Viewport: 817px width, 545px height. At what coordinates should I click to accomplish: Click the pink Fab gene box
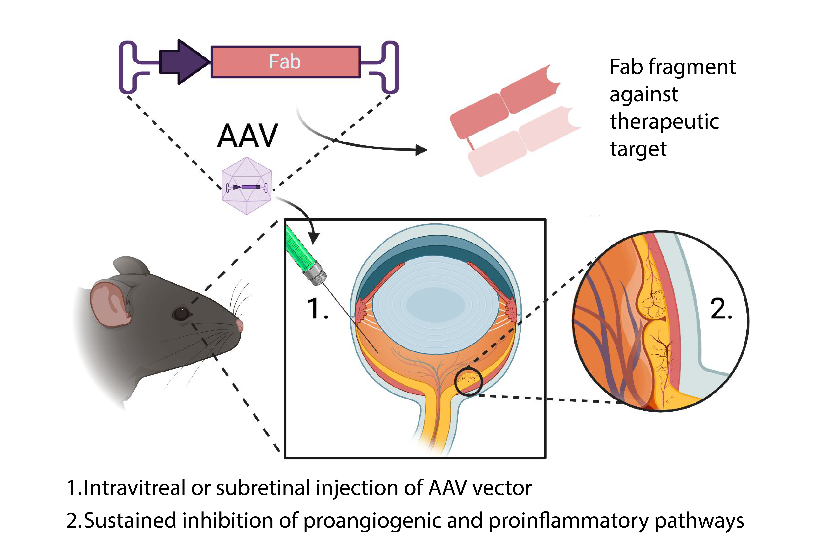[x=286, y=62]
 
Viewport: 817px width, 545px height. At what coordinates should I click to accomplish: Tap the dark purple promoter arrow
[x=184, y=62]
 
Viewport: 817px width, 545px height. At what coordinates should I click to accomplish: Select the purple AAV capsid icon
[x=247, y=186]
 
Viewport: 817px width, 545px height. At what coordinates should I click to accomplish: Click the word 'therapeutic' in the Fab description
[x=664, y=122]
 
